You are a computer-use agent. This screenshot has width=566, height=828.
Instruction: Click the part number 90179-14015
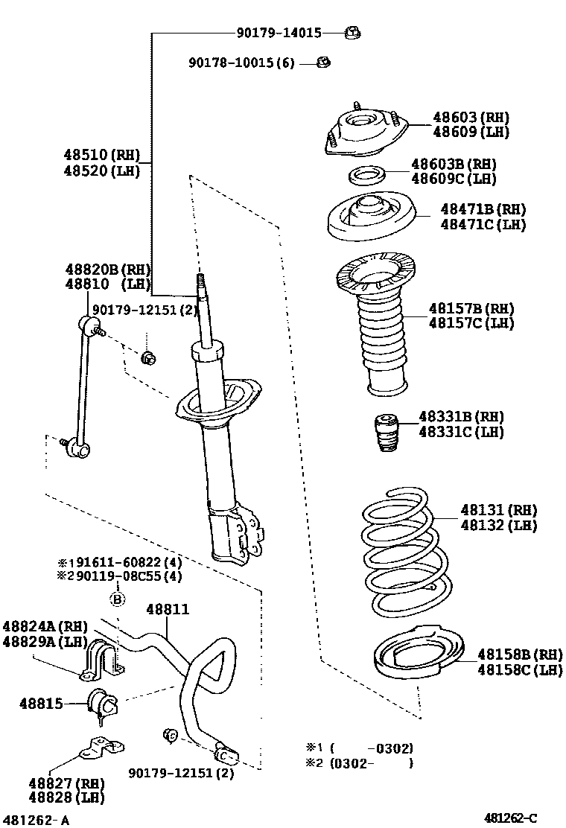[x=279, y=33]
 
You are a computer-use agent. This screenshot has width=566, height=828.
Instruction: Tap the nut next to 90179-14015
[x=352, y=32]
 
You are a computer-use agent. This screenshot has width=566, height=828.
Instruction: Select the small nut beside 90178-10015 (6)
[x=322, y=63]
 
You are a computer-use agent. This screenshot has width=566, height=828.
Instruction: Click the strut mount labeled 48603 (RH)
[x=366, y=132]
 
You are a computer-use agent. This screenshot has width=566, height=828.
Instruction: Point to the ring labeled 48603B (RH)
[x=366, y=176]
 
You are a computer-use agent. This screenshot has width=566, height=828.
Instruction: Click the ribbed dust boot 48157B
[x=378, y=328]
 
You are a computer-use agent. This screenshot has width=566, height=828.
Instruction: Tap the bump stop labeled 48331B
[x=384, y=431]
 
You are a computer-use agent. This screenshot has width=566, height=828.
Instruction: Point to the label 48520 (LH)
[x=101, y=171]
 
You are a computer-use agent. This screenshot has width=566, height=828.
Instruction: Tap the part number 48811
[x=168, y=609]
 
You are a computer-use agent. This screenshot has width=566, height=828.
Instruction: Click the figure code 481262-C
[x=510, y=818]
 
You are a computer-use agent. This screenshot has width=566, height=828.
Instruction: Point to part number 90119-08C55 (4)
[x=119, y=576]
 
